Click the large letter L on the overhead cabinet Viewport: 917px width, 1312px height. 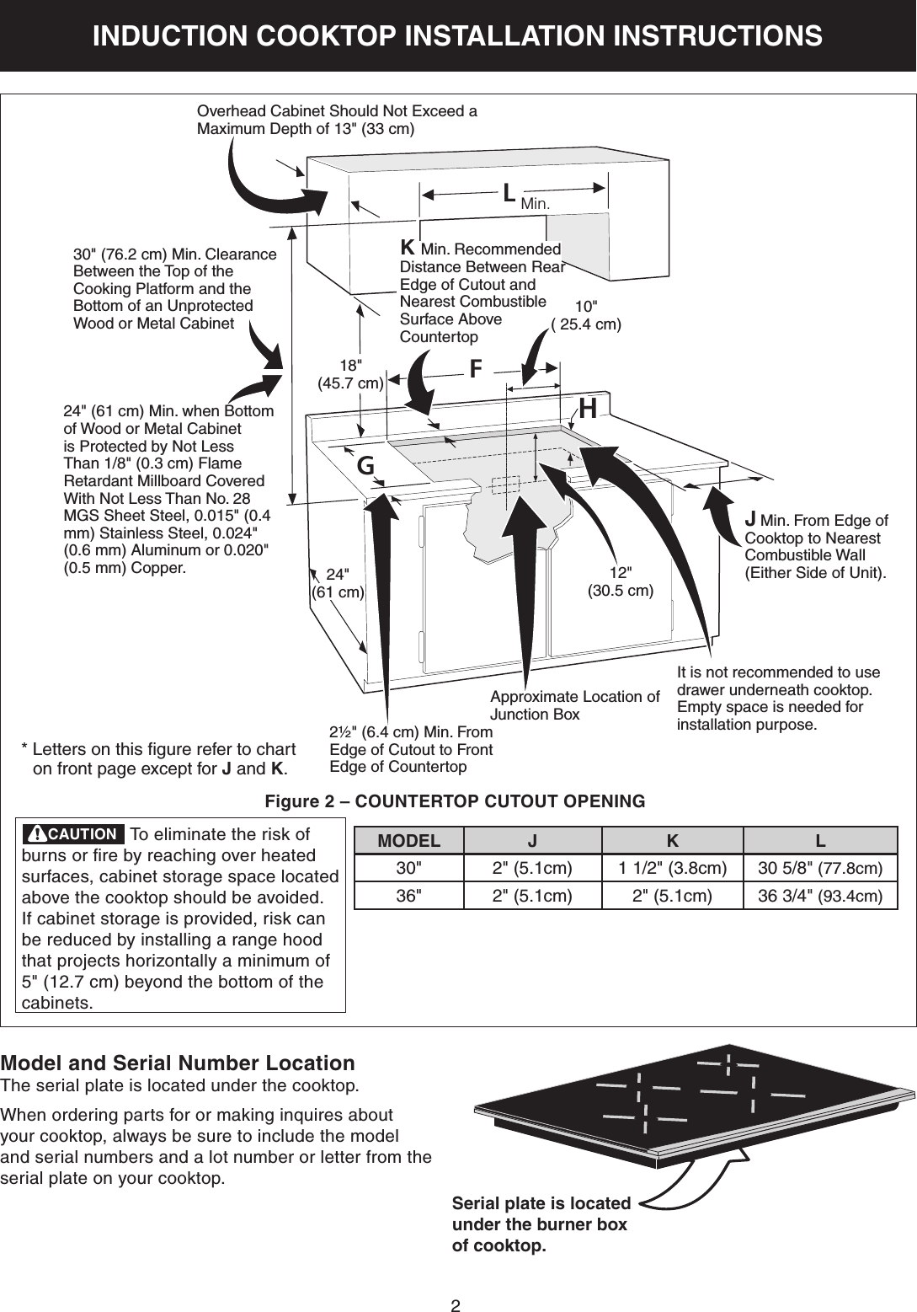(509, 194)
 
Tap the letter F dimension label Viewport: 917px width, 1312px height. (476, 369)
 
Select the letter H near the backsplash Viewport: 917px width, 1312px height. (588, 409)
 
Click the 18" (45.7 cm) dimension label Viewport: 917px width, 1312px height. (350, 374)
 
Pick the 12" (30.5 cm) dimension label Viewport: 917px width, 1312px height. (620, 581)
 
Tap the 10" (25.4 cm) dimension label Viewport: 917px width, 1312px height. (586, 315)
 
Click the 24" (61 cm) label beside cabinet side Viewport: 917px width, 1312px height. (338, 583)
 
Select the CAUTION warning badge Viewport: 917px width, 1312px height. (73, 834)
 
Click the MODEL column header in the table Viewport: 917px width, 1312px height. (408, 841)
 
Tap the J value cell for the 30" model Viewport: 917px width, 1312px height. (532, 868)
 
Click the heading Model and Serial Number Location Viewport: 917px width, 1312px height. (178, 1063)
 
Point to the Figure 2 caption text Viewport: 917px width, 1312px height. (455, 801)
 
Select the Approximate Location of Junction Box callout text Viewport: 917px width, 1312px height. (574, 705)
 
